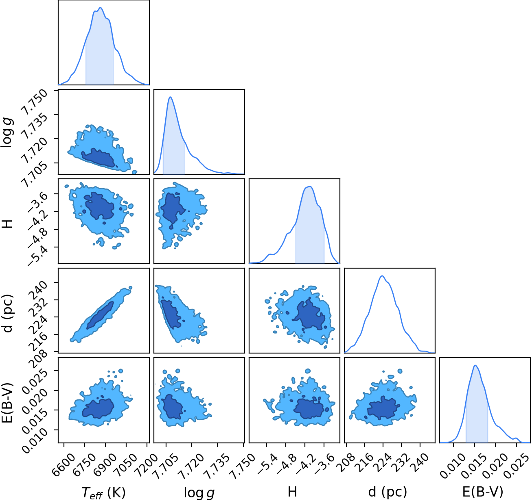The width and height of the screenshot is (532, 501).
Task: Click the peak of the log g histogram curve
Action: (x=170, y=97)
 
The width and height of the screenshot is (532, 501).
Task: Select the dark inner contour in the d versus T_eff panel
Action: (x=100, y=315)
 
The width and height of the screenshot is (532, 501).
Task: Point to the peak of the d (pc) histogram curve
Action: (x=382, y=276)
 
